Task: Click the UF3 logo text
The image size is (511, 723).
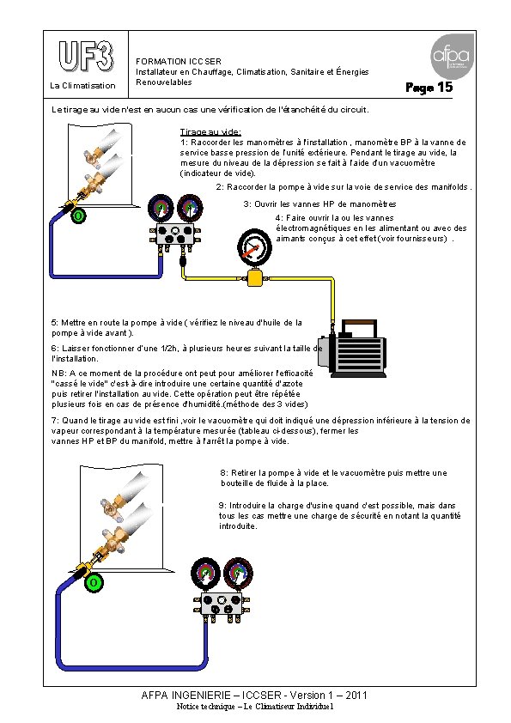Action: pyautogui.click(x=86, y=56)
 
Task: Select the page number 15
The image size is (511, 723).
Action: pyautogui.click(x=445, y=87)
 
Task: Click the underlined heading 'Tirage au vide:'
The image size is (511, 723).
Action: pyautogui.click(x=210, y=132)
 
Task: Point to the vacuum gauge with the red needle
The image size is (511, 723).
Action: pyautogui.click(x=254, y=247)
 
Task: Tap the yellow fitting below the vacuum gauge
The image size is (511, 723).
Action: pyautogui.click(x=254, y=278)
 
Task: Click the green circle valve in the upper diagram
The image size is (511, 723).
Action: pyautogui.click(x=78, y=216)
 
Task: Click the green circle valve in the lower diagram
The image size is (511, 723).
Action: pyautogui.click(x=94, y=582)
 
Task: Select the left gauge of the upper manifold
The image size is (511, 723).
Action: pyautogui.click(x=161, y=208)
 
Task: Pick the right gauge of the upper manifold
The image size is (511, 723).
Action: pyautogui.click(x=190, y=208)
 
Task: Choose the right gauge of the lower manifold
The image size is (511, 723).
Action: pyautogui.click(x=238, y=574)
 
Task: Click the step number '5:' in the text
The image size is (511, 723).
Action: pyautogui.click(x=55, y=323)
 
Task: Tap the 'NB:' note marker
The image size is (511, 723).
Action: pyautogui.click(x=59, y=373)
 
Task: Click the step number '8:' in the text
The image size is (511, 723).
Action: pyautogui.click(x=224, y=473)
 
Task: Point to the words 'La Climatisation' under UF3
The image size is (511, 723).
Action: pyautogui.click(x=82, y=85)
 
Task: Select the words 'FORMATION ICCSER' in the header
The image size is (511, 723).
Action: pyautogui.click(x=179, y=61)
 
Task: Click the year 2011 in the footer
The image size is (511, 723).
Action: pyautogui.click(x=356, y=696)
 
